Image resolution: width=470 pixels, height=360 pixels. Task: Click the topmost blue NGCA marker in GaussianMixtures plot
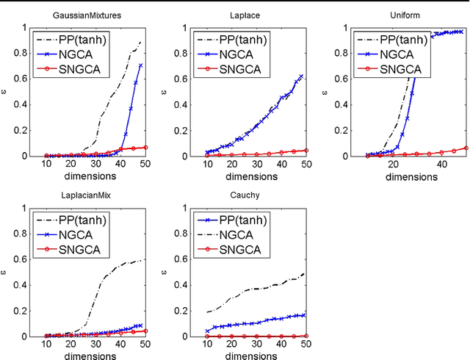[x=140, y=65]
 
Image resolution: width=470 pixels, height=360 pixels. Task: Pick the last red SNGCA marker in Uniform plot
[x=466, y=148]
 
